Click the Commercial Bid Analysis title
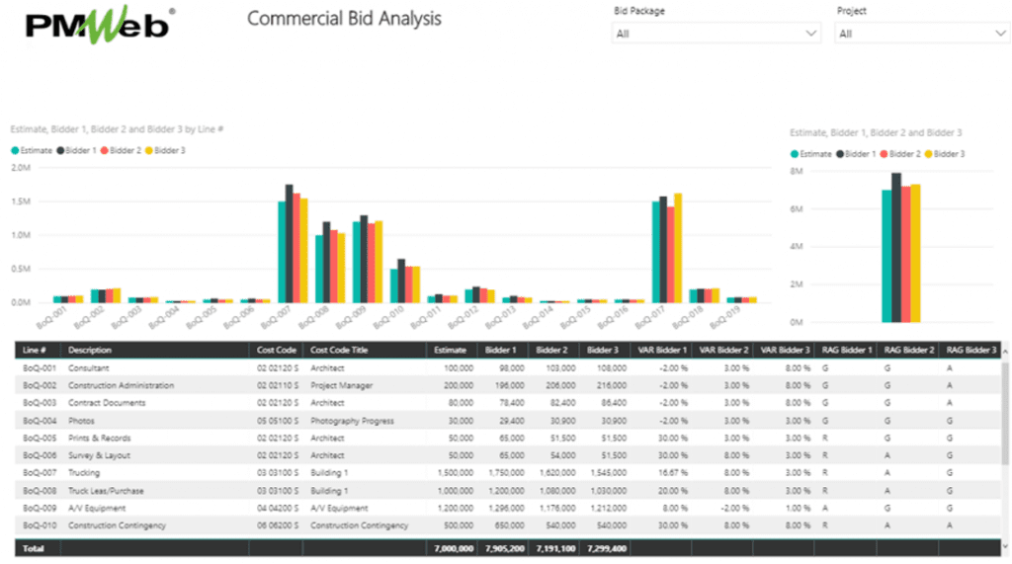(x=344, y=19)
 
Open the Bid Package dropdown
(x=717, y=34)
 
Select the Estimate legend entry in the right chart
(x=811, y=154)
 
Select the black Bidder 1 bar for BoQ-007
(x=290, y=243)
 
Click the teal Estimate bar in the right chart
(x=886, y=256)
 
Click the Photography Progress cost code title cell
(x=353, y=421)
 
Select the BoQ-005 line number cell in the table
(x=39, y=439)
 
